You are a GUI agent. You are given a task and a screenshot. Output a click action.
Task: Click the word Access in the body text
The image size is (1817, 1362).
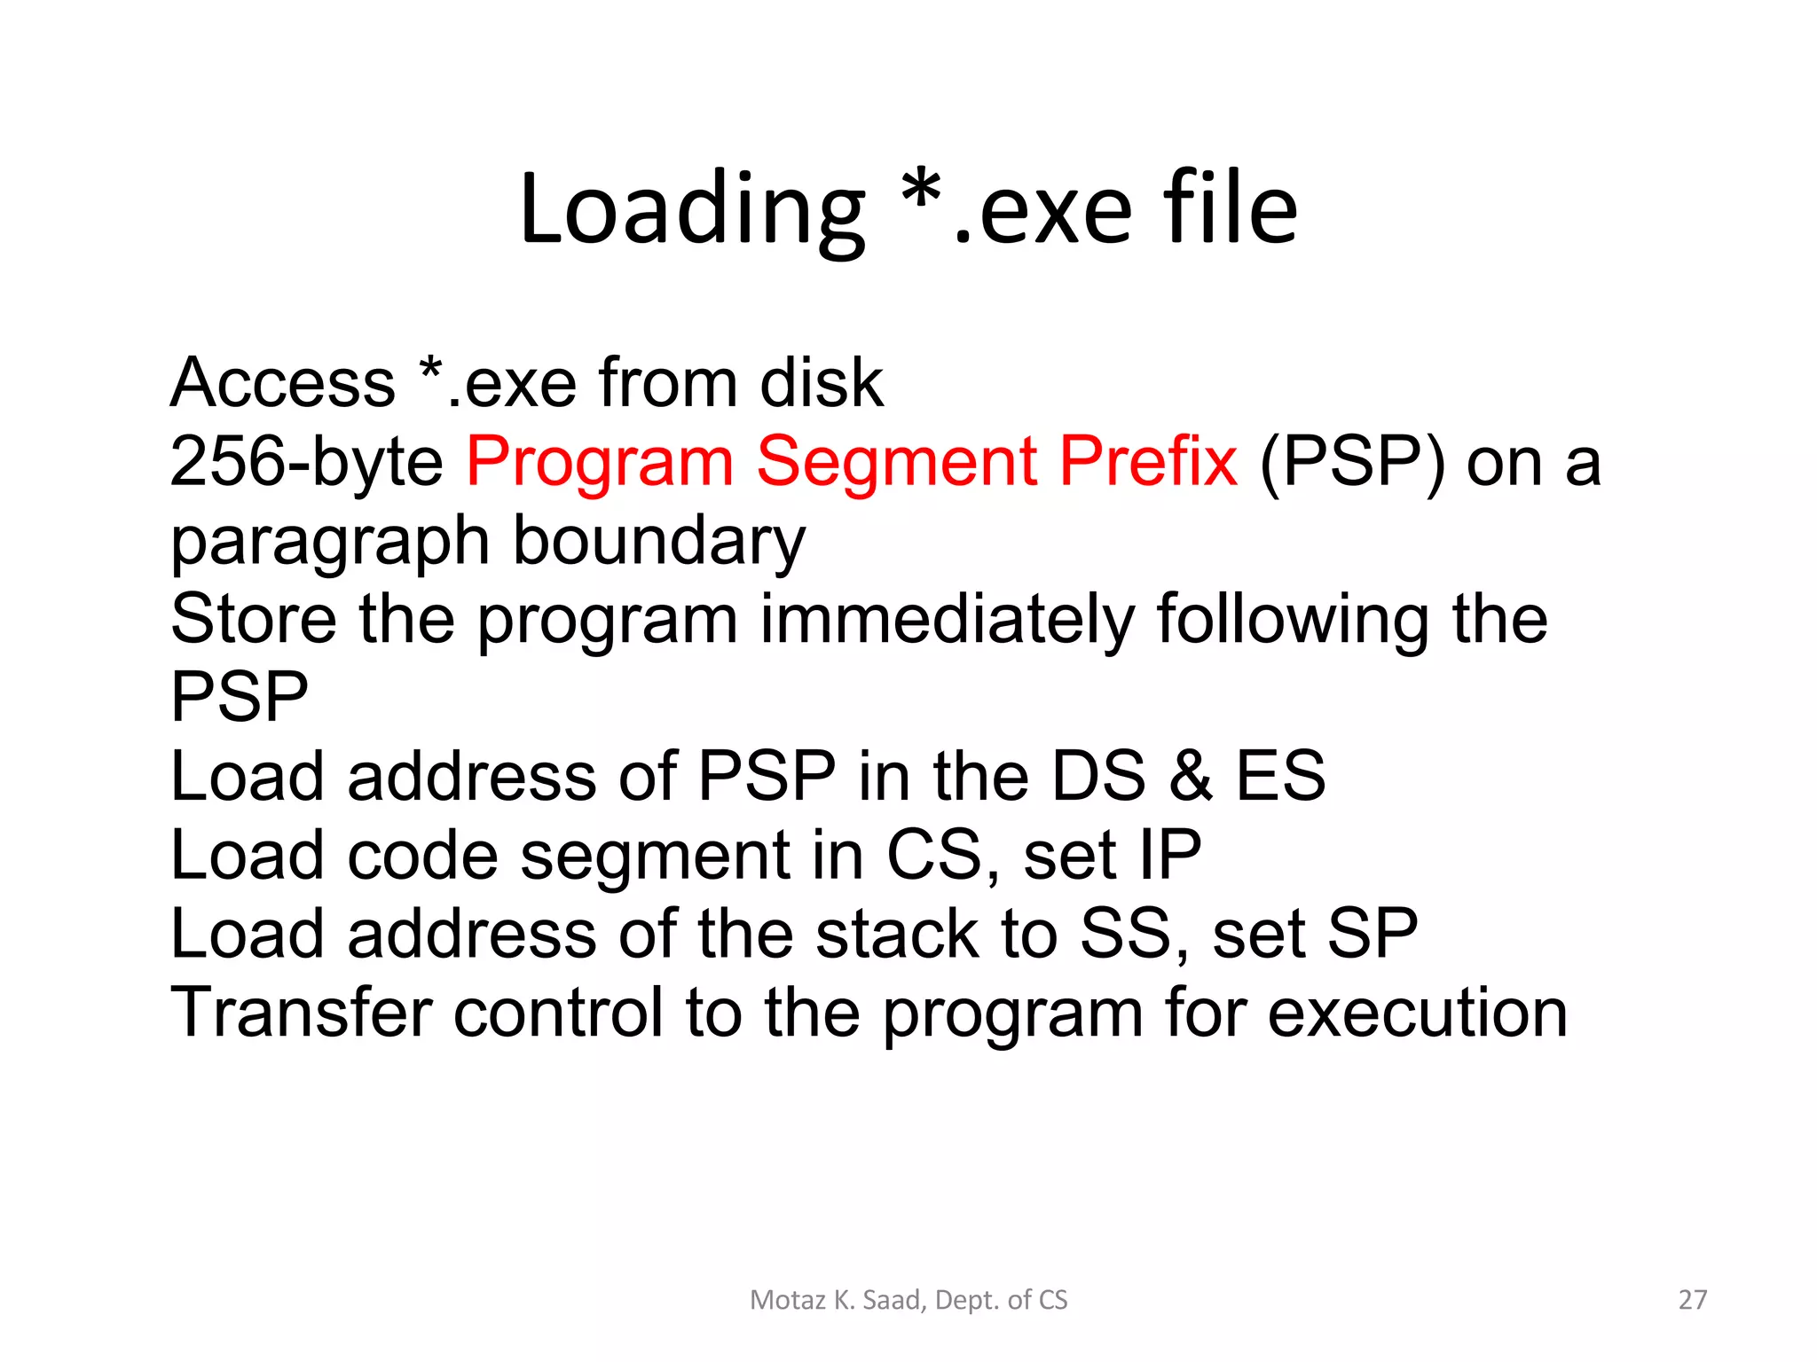click(283, 383)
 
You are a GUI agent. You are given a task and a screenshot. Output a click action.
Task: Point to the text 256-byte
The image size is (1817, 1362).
click(306, 462)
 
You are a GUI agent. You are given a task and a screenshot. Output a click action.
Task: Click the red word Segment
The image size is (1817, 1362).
click(896, 462)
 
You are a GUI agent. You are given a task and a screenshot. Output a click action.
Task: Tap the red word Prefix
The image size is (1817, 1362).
click(1148, 462)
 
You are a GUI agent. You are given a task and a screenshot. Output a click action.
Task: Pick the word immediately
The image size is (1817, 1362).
click(948, 620)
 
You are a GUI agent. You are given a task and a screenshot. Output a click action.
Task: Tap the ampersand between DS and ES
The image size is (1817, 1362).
click(1191, 777)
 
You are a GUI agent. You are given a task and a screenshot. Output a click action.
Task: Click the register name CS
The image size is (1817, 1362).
click(933, 856)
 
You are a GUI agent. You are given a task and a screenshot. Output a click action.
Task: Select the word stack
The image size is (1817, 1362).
click(897, 935)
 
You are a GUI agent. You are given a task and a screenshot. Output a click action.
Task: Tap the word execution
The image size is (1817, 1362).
click(1417, 1014)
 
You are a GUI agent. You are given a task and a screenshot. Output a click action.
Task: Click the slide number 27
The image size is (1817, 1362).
click(1693, 1300)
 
